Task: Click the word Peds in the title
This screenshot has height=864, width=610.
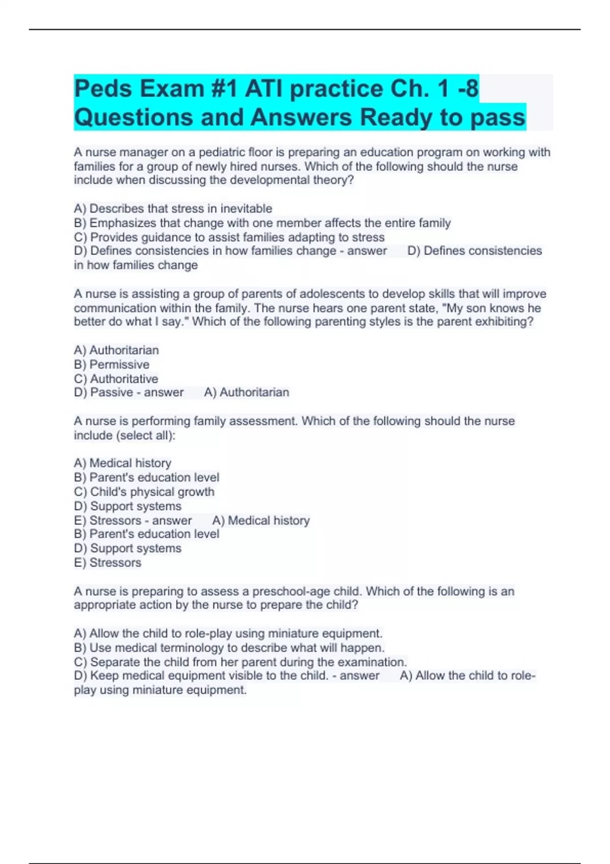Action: [x=103, y=89]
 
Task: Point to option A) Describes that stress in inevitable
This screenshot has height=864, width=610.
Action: [x=173, y=209]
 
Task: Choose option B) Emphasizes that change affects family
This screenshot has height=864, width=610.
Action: [x=262, y=223]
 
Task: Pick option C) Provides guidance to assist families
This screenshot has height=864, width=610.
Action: [x=229, y=237]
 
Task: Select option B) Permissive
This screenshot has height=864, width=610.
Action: [x=111, y=364]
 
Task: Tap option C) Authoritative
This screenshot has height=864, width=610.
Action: [x=116, y=379]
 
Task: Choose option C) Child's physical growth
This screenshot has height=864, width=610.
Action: [x=144, y=492]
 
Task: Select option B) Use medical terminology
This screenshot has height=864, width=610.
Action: [x=229, y=648]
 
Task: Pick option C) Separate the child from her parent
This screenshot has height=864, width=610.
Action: [x=240, y=662]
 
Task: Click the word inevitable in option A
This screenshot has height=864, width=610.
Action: [x=246, y=209]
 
